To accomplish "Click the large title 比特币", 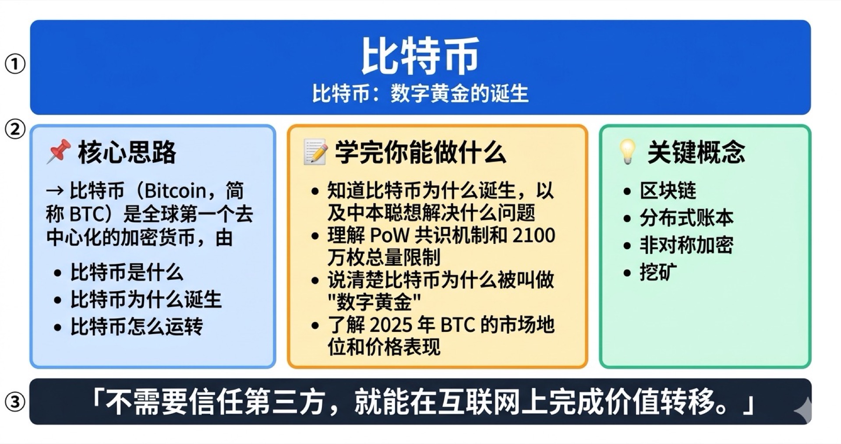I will [420, 56].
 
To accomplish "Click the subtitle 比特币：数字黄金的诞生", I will [420, 94].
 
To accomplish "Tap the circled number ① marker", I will [15, 64].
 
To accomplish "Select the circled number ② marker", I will [15, 130].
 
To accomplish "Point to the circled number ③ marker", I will [15, 402].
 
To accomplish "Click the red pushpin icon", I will [59, 152].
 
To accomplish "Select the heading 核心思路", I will [127, 152].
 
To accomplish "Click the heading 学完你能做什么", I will [420, 152].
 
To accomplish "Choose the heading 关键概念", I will [696, 152].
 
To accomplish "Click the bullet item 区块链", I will [668, 191].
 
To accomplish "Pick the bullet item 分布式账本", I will [686, 218].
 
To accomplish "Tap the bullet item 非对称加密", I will [686, 245].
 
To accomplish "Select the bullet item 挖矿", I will [658, 272].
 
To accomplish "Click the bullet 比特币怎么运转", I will [137, 327].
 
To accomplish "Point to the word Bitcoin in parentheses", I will [175, 191].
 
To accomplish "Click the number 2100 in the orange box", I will [534, 236].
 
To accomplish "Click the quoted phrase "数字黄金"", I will [374, 302].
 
